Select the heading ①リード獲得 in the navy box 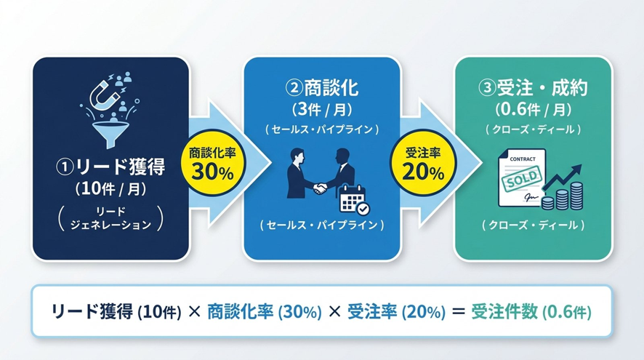click(x=110, y=167)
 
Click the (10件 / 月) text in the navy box click(x=110, y=188)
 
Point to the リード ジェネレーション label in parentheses click(x=110, y=218)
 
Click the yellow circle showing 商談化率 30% click(x=212, y=163)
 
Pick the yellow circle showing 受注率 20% click(x=423, y=163)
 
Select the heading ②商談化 click(x=322, y=87)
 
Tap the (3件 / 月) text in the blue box click(x=322, y=109)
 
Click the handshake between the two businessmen click(x=320, y=188)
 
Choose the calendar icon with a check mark click(x=354, y=200)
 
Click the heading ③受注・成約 click(x=533, y=87)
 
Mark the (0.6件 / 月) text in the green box click(x=533, y=109)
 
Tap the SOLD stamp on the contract click(x=522, y=179)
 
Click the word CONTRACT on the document click(x=523, y=159)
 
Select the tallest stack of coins click(x=576, y=196)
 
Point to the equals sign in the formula click(x=458, y=311)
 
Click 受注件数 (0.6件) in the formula click(x=531, y=312)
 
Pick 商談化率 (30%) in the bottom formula click(x=265, y=312)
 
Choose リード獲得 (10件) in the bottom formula click(x=116, y=312)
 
